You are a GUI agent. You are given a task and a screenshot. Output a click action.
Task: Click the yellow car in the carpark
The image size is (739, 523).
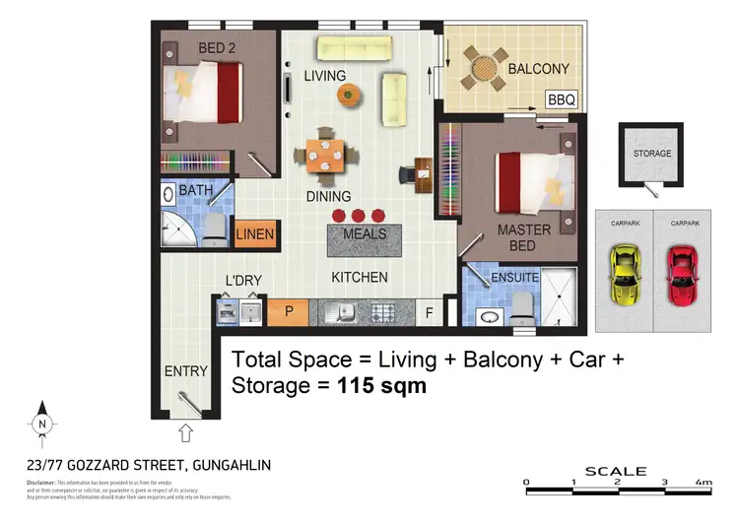coord(624,276)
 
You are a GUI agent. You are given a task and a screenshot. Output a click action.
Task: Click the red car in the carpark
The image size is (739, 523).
coord(682,276)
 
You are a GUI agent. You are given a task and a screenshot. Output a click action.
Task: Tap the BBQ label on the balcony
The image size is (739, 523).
coord(561,99)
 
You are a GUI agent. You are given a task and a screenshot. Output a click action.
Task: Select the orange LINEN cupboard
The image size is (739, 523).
coord(255,235)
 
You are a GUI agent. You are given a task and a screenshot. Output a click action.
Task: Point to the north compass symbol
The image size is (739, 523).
coord(41,424)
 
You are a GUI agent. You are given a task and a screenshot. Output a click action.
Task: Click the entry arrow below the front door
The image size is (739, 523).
coord(185,431)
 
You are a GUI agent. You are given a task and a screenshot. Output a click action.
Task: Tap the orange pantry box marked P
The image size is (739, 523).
coord(289,313)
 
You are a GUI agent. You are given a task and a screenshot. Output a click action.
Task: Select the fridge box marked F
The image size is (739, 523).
coord(429,314)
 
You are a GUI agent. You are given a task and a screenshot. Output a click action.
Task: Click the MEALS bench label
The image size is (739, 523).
coord(364,235)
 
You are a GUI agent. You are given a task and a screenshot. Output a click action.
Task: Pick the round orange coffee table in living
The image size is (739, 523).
coord(348,95)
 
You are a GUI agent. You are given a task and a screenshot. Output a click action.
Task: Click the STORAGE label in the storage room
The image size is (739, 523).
coord(651,154)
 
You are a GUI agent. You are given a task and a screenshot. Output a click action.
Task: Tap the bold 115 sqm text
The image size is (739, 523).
coord(382,385)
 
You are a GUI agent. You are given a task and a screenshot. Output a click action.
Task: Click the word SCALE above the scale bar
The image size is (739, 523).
coord(616,471)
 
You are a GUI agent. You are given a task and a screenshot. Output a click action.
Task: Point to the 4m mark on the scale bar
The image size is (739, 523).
coord(703,483)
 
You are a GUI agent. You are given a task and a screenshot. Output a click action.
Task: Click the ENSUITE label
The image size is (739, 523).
coord(514,279)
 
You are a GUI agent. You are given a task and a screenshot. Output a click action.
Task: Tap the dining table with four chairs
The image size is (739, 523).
coord(326,154)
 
